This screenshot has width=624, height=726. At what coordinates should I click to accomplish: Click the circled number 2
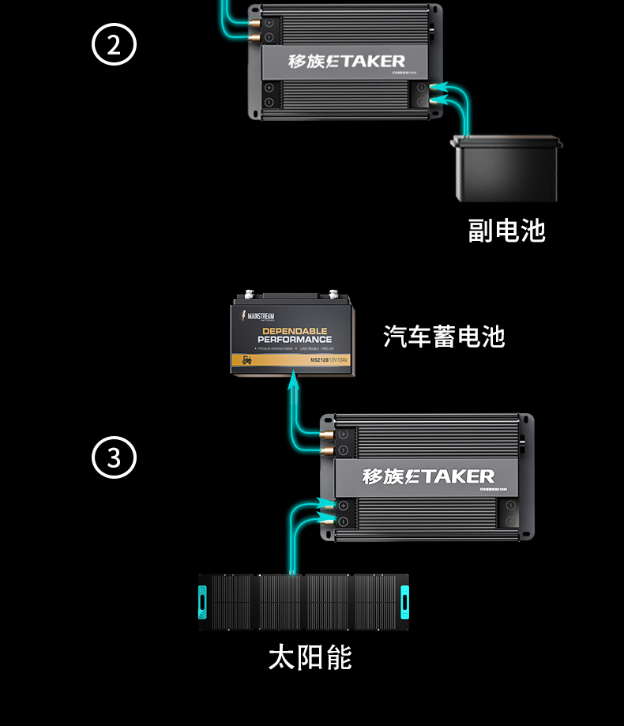[x=115, y=45]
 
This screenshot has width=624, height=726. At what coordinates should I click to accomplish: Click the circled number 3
[x=115, y=457]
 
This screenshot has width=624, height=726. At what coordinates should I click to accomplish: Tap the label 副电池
[x=506, y=230]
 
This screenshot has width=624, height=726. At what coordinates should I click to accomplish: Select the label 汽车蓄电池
[x=444, y=336]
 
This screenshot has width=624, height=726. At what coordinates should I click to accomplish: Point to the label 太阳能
[x=310, y=657]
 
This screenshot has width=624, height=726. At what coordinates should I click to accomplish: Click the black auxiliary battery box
[x=506, y=169]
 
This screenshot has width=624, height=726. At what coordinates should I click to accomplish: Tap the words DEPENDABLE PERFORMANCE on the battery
[x=295, y=335]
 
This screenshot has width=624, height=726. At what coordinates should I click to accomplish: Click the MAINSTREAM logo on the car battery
[x=257, y=315]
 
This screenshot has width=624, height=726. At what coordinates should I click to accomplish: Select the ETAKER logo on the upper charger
[x=347, y=61]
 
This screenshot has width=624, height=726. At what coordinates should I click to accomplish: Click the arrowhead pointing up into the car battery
[x=294, y=382]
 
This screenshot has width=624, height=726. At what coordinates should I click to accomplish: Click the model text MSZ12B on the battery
[x=320, y=361]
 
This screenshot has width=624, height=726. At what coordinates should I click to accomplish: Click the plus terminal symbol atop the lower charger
[x=344, y=434]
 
